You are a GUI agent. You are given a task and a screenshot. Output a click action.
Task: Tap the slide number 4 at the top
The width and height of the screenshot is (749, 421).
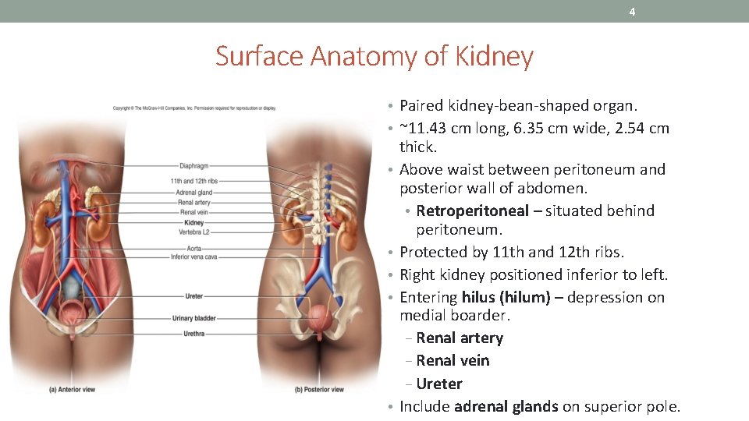[632, 12]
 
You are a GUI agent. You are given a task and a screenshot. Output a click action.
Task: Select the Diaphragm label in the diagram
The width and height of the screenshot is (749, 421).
[193, 165]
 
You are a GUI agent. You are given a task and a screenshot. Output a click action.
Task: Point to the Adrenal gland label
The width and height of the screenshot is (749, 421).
[194, 193]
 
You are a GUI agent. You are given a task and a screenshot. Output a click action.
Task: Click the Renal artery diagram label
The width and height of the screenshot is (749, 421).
[194, 203]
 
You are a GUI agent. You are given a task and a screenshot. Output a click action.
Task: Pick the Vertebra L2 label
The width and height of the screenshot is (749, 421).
[194, 232]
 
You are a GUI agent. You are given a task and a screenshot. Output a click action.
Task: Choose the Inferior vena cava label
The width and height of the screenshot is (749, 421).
[193, 256]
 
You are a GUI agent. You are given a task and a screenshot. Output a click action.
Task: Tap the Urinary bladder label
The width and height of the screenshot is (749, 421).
[194, 318]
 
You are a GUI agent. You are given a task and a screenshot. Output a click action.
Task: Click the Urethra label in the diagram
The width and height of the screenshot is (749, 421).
[195, 333]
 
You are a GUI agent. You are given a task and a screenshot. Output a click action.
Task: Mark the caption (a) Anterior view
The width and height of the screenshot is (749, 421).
[72, 388]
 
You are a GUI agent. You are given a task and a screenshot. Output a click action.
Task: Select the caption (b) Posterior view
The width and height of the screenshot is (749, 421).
[320, 388]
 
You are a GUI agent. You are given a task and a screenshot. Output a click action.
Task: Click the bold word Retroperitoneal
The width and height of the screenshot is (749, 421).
[472, 210]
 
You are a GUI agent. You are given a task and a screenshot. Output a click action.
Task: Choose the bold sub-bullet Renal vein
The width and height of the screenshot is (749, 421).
[453, 360]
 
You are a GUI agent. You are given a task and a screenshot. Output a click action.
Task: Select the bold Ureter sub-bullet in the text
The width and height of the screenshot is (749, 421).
[439, 384]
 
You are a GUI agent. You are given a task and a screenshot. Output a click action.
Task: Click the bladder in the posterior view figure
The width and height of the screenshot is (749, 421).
[320, 318]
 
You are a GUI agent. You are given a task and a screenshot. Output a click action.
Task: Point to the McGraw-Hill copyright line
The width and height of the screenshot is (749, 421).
[194, 108]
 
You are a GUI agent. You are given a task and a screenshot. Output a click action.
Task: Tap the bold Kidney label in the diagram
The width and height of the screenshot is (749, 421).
[194, 222]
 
